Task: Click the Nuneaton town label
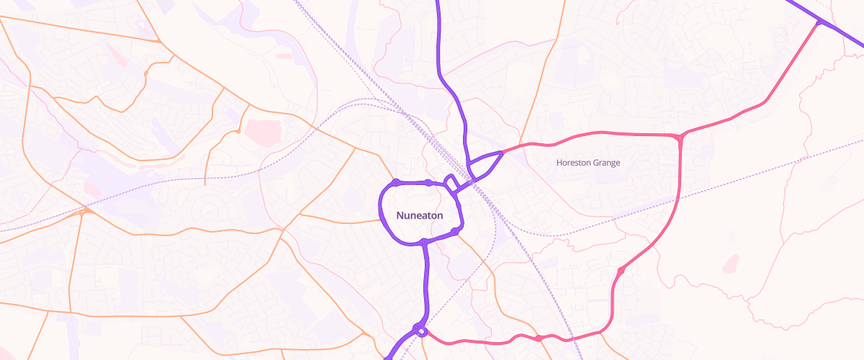419,215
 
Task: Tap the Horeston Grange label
588,163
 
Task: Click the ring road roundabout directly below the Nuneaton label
425,241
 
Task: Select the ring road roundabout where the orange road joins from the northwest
396,181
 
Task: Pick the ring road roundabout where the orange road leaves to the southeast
454,231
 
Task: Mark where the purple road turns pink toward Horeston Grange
502,153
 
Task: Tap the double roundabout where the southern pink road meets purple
420,330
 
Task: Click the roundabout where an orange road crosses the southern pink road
538,338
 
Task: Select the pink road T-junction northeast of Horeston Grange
679,136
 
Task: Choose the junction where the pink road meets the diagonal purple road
819,24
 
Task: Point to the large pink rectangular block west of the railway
261,130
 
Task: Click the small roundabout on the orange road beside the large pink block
238,132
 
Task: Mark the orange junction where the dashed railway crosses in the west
85,211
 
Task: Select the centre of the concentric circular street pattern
209,210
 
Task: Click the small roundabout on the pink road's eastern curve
620,271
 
